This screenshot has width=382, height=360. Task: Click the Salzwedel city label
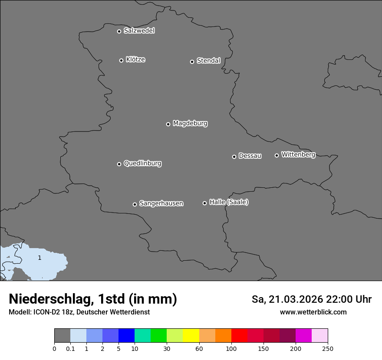(x=139, y=31)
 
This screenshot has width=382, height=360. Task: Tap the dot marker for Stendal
(x=192, y=62)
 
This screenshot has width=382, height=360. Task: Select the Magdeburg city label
(x=190, y=124)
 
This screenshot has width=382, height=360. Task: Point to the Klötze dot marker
(x=121, y=60)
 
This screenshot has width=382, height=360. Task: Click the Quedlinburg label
(x=142, y=164)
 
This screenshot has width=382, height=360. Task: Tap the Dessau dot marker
(x=234, y=157)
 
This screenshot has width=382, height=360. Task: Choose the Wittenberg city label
(x=298, y=154)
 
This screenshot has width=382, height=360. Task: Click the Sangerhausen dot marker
(x=135, y=204)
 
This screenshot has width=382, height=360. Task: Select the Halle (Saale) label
(x=229, y=202)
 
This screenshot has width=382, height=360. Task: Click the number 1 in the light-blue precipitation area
(x=40, y=258)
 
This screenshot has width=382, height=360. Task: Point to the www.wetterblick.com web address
(x=313, y=312)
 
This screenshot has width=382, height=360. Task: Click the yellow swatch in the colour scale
(x=191, y=336)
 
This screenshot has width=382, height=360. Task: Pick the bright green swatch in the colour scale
(x=159, y=336)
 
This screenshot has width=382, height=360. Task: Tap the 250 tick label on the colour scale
(x=328, y=348)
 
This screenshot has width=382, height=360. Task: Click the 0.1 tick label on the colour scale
(x=70, y=348)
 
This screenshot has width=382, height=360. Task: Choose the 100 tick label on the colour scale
(x=231, y=348)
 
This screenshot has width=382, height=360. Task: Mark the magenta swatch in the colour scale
(x=303, y=336)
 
